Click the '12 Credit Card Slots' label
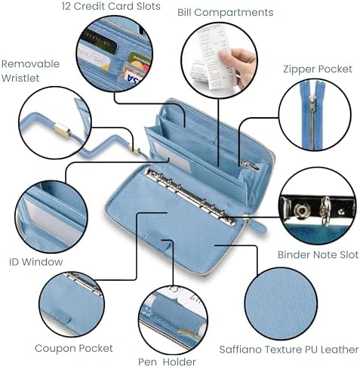111,6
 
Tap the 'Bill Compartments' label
225,13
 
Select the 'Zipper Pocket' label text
318,69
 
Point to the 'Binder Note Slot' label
318,254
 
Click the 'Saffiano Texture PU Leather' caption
289,350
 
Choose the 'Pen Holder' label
167,362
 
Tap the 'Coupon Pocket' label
74,348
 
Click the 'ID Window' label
35,262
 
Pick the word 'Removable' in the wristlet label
30,64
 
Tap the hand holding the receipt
238,66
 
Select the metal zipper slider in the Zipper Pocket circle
312,100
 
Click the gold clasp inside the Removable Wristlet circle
63,129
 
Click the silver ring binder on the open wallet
190,195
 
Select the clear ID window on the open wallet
174,156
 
